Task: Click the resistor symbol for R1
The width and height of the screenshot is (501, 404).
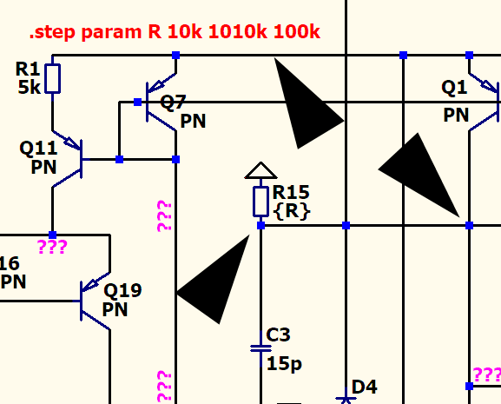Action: coord(52,78)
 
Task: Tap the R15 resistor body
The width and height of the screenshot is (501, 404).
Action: coord(260,202)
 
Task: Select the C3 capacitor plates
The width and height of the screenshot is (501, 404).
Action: coord(260,348)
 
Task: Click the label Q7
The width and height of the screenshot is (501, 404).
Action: coord(173,103)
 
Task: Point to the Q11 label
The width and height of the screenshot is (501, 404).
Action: coord(38,149)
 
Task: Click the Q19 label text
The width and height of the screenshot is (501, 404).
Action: coord(123,290)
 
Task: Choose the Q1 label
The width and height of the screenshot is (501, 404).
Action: coord(454,87)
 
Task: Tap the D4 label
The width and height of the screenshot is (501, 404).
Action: coord(365,387)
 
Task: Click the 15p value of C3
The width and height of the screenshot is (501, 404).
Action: coord(284,364)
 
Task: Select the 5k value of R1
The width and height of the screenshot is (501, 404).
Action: coord(30,87)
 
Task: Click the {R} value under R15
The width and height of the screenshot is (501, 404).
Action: coord(292,211)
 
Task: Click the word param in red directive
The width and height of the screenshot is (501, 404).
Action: coord(111,33)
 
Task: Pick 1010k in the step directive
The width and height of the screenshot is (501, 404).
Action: coord(238,31)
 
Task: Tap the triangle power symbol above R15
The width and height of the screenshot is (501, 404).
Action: coord(260,170)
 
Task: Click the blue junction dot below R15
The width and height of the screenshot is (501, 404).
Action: coord(260,226)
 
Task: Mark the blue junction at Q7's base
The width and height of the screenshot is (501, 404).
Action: coord(137,103)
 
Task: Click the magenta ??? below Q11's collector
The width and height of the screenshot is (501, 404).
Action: coord(53,247)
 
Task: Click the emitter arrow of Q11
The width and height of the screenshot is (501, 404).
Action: coord(72,142)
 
